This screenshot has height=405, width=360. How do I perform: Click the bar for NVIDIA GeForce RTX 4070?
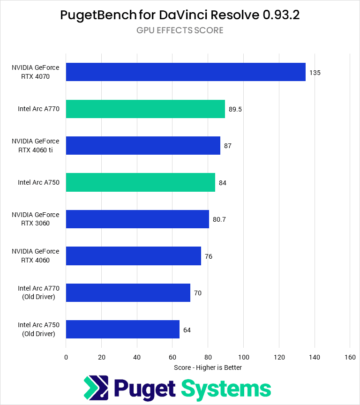point(186,72)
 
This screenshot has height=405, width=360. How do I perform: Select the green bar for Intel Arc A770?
point(145,109)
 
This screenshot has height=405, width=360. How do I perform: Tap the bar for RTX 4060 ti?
point(143,145)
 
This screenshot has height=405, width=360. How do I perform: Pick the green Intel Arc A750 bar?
point(140,182)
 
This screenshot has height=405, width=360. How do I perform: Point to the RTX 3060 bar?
point(137,219)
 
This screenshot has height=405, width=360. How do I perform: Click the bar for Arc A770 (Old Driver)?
point(128,292)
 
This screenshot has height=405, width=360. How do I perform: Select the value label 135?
point(315,73)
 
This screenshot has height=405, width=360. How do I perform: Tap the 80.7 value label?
point(219,219)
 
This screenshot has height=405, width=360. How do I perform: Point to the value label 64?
point(187,330)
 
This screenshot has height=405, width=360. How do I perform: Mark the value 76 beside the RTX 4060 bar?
point(209,256)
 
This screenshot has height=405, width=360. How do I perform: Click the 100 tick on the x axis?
point(243,357)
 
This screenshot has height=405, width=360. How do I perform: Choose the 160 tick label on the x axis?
point(350,357)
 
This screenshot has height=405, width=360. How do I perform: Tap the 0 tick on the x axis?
point(66,357)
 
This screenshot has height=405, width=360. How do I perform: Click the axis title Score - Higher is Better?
point(208,367)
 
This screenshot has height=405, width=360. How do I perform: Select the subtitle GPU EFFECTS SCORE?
point(180,30)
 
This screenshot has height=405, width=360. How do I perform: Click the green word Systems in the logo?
point(226,389)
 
